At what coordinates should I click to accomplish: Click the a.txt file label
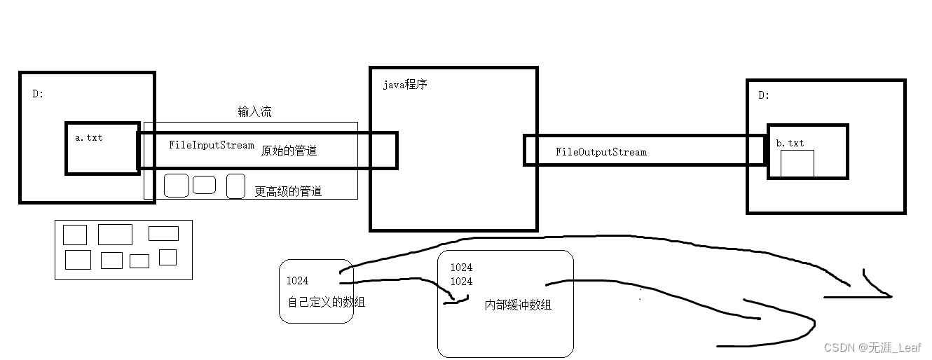[x=88, y=137]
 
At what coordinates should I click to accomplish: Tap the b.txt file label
[x=790, y=143]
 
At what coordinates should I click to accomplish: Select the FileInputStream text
[x=211, y=145]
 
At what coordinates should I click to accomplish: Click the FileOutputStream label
[x=601, y=151]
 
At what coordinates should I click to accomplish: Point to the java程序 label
[x=404, y=85]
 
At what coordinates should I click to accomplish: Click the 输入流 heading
[x=254, y=112]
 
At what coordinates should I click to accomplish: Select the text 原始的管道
[x=289, y=151]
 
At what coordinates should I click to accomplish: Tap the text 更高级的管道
[x=288, y=191]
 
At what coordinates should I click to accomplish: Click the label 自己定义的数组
[x=326, y=303]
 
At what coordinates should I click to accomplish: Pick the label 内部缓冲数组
[x=518, y=305]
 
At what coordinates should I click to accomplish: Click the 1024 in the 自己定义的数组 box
[x=297, y=281]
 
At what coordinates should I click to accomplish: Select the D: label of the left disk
[x=38, y=93]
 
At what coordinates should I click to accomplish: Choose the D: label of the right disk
[x=763, y=95]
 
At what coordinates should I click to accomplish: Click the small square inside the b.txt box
[x=797, y=163]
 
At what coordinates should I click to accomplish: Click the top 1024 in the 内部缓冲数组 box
[x=460, y=268]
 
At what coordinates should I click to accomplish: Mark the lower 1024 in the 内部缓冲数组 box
[x=460, y=282]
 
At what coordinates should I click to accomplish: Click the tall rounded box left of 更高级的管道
[x=235, y=186]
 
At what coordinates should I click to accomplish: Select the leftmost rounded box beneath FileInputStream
[x=176, y=185]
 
